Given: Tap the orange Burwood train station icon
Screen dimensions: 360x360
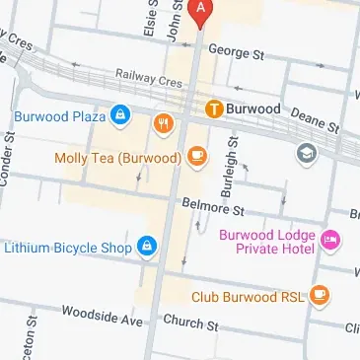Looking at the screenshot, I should click(212, 107).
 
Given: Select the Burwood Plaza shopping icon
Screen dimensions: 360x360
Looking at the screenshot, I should click(119, 116).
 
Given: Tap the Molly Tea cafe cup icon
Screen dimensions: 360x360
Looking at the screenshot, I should click(196, 157).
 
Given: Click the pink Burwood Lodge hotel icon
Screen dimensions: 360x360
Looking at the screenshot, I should click(330, 239).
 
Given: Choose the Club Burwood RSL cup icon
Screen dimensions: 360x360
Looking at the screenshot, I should click(319, 294).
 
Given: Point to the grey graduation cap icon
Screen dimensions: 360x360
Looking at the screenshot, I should click(307, 153).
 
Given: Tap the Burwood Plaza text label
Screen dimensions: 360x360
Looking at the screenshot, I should click(59, 116).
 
